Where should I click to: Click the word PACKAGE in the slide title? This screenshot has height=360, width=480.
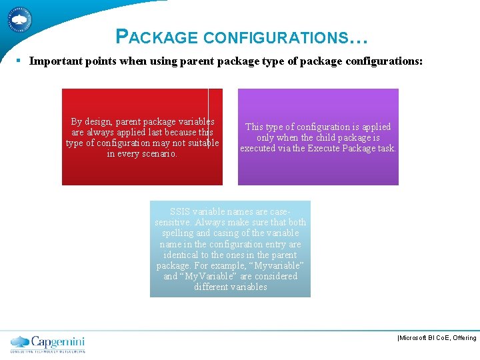[x=157, y=37]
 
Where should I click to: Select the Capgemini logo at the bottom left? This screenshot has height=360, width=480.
[x=47, y=343]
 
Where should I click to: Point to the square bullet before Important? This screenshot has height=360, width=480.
[x=19, y=61]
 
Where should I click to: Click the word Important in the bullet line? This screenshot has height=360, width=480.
[x=53, y=61]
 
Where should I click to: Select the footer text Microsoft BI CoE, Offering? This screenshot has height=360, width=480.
[x=437, y=338]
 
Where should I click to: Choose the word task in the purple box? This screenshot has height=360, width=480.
[x=385, y=148]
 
